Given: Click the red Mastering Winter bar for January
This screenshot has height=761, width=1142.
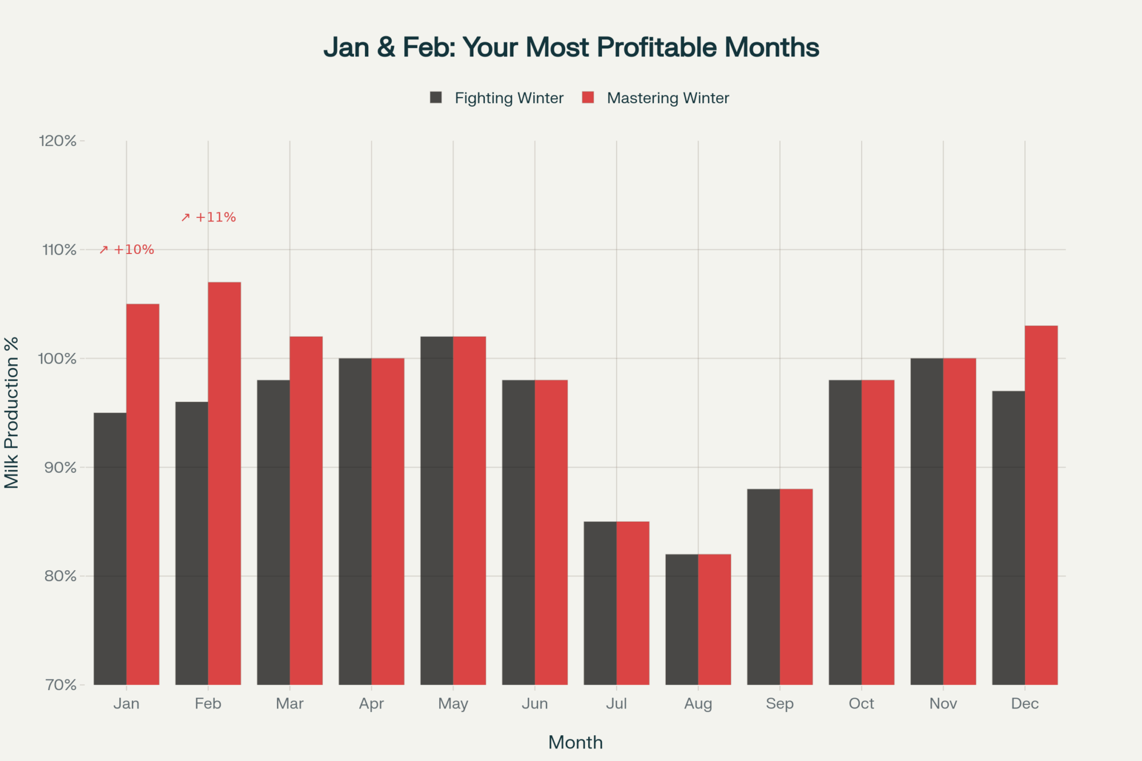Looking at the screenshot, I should [143, 494].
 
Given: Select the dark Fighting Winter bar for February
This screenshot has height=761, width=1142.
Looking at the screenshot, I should [192, 542].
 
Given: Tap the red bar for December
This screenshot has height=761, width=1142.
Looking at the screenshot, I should [1041, 505].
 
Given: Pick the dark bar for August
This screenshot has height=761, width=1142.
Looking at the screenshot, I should [682, 619].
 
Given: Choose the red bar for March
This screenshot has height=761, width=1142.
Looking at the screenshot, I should [306, 510].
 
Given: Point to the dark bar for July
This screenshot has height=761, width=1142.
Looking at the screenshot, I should [600, 603].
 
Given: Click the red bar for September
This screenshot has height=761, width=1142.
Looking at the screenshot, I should [796, 586].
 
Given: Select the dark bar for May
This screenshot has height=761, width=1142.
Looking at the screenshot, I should [437, 510].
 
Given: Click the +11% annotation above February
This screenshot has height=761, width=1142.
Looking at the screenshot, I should [209, 218].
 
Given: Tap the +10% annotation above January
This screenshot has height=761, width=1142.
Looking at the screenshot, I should [127, 250].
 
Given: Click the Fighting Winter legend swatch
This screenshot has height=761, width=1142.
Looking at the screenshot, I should [436, 98].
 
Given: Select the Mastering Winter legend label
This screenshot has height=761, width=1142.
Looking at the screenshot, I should [667, 98].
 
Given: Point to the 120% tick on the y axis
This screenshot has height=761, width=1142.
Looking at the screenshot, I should [58, 141].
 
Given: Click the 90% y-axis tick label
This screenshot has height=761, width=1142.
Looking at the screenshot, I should [60, 468].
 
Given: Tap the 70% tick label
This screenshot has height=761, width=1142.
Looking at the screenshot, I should [60, 685].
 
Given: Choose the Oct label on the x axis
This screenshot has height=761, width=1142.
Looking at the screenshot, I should [861, 703].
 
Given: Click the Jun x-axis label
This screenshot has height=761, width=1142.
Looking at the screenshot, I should [534, 703].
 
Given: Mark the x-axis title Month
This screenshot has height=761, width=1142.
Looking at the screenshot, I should [575, 742].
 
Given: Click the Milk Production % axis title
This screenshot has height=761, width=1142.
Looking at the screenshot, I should [11, 412].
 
